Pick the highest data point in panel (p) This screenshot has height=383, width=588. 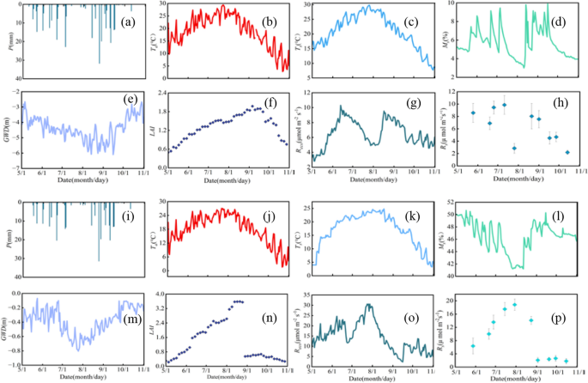tap(514, 305)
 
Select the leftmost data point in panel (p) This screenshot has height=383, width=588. tap(473, 346)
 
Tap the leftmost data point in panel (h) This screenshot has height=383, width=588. tap(473, 112)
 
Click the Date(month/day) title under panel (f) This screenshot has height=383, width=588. tap(227, 180)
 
